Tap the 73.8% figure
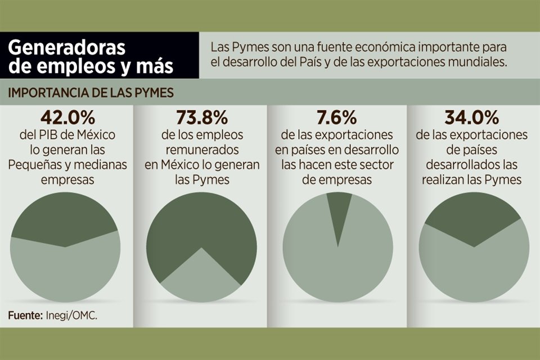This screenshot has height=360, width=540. tap(202, 118)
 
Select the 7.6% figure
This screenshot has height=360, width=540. tap(337, 118)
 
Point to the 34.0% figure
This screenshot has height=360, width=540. tap(472, 118)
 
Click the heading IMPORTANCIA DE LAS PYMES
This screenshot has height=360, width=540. tap(91, 93)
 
